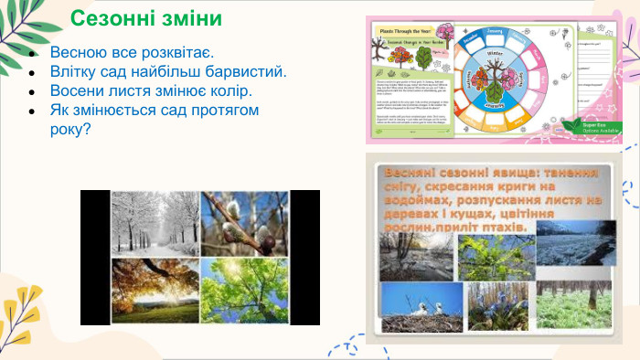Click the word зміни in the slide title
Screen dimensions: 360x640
[x=191, y=18]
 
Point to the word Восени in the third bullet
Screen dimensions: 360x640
[x=79, y=92]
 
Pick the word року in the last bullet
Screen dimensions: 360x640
[x=69, y=131]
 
